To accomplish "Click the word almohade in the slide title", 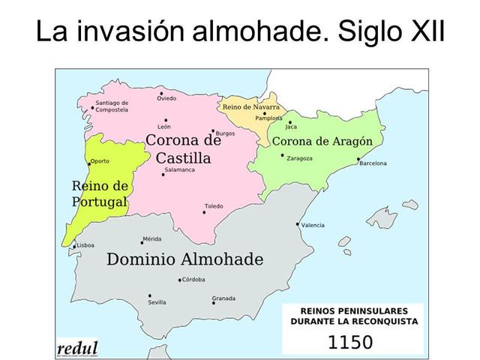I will tap(257, 33).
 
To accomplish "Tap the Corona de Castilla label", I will tap(183, 148).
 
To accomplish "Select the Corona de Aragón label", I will tap(322, 142).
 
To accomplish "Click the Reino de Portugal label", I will tap(100, 193).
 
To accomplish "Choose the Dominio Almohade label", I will tap(185, 260).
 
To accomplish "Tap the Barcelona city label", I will tap(373, 163).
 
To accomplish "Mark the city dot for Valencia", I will tap(298, 224).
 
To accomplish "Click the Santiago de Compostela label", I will tap(112, 106).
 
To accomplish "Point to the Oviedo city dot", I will tap(161, 94).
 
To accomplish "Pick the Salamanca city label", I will tap(179, 169).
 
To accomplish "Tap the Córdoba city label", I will tap(193, 280).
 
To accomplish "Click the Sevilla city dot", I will tap(150, 295).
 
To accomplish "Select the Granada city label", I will tap(223, 298).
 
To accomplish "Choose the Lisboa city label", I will tap(86, 245).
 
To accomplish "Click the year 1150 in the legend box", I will tap(351, 343).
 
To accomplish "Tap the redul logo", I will tap(78, 348).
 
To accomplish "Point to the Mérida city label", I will tap(151, 239).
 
